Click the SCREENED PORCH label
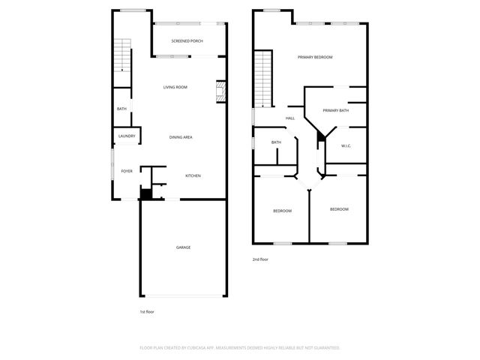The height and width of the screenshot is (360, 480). tap(187, 40)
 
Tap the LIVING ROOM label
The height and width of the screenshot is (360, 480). tap(175, 88)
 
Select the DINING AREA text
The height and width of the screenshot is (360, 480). tap(181, 137)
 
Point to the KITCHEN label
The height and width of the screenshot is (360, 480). tap(193, 176)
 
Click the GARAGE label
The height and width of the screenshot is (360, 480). tap(183, 247)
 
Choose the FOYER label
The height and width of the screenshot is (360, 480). tap(127, 171)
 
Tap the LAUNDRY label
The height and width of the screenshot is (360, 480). tap(127, 136)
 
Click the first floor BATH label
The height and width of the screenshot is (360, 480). tap(121, 109)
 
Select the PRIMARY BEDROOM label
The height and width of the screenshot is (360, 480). tap(314, 57)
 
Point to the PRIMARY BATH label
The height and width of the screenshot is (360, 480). tap(335, 111)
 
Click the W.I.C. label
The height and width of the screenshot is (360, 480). tap(346, 145)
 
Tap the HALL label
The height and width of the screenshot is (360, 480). tap(289, 118)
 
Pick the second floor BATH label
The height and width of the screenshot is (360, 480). tap(276, 142)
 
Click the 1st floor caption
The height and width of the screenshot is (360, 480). tap(147, 311)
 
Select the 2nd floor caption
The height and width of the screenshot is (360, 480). tap(260, 259)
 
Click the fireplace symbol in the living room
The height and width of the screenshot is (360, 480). tap(220, 92)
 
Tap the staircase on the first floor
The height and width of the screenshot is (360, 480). tap(122, 57)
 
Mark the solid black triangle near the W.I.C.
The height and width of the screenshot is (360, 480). tap(321, 136)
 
